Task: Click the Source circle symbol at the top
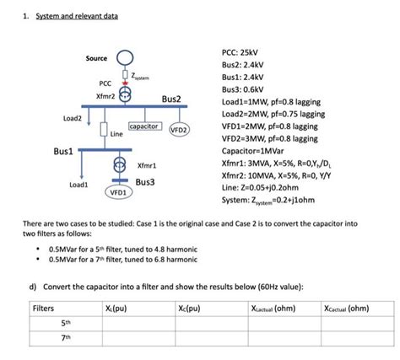[125, 58]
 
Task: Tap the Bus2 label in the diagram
[171, 99]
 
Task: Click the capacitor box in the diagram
[145, 126]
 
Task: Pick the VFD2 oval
[179, 131]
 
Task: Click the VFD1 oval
[117, 192]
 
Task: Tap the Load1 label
[79, 184]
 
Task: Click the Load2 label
[72, 119]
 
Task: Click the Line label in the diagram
[116, 134]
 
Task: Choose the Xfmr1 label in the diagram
[147, 166]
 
